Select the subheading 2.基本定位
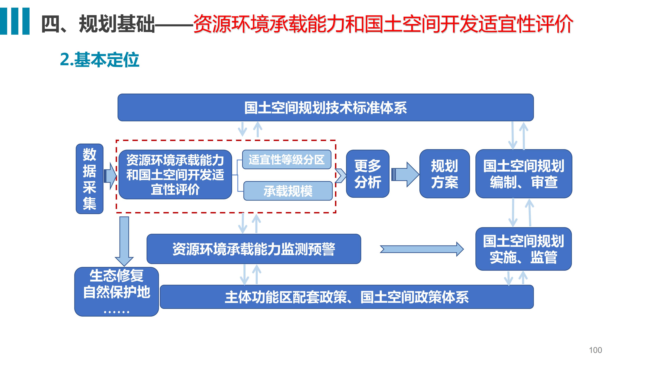click(x=100, y=60)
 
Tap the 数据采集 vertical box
click(x=90, y=179)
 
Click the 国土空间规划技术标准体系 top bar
click(x=326, y=107)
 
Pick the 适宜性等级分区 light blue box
click(x=286, y=160)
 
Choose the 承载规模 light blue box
click(x=288, y=191)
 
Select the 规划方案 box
click(x=445, y=174)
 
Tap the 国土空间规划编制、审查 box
click(x=524, y=174)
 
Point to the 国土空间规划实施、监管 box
click(x=523, y=249)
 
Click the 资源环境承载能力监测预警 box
click(x=254, y=249)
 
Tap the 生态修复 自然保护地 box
click(x=116, y=292)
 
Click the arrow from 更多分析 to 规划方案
click(x=405, y=174)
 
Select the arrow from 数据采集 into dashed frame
click(x=110, y=176)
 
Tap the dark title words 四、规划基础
click(x=98, y=24)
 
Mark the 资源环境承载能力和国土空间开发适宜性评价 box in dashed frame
click(x=175, y=174)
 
